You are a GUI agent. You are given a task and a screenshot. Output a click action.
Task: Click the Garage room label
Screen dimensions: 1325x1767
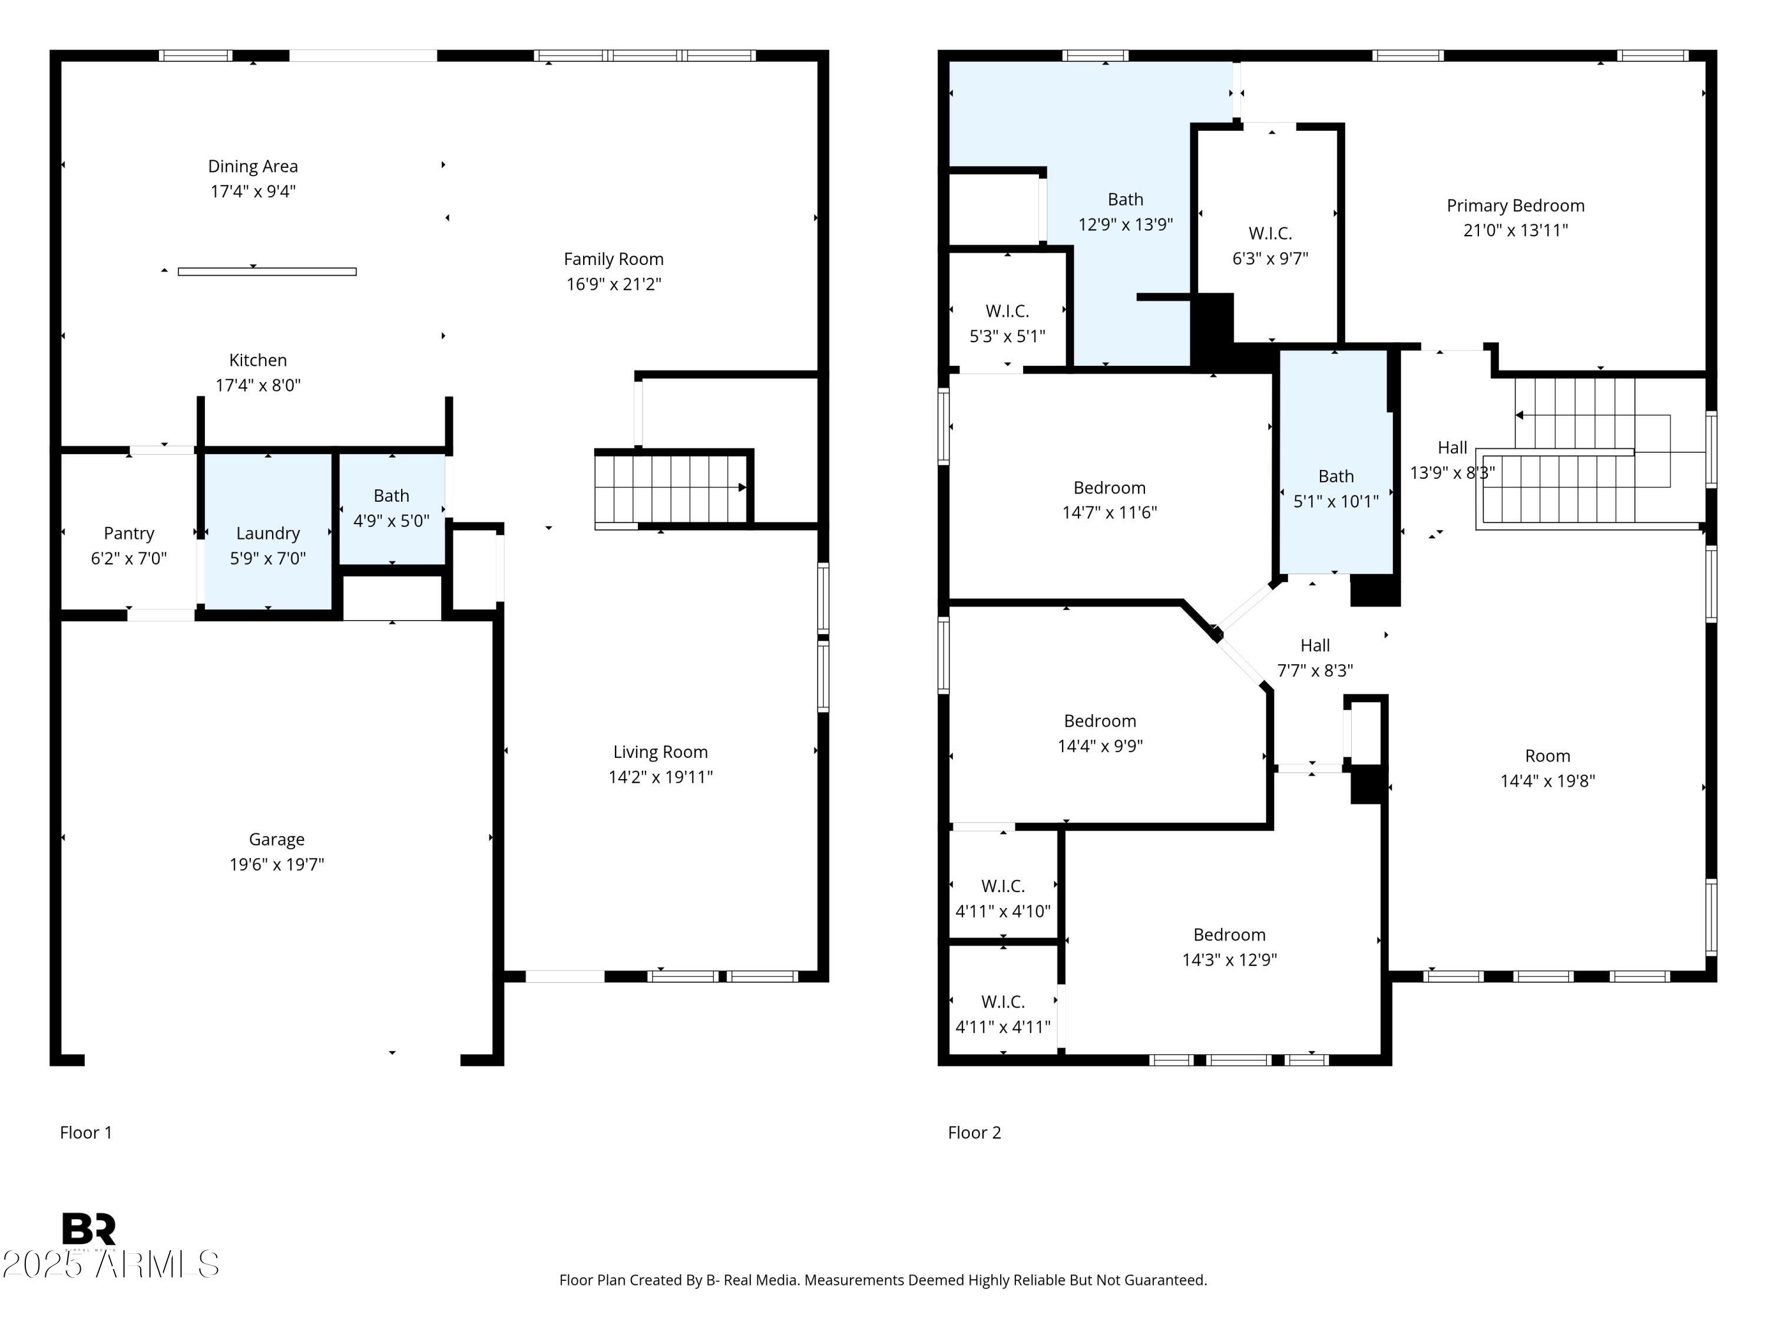pos(276,839)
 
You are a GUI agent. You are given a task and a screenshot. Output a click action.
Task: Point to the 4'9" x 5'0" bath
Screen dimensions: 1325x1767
pos(392,508)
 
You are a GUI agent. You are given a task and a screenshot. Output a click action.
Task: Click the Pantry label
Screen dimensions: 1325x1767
pos(128,534)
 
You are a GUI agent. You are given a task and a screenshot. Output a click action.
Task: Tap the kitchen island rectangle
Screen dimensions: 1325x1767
pos(267,272)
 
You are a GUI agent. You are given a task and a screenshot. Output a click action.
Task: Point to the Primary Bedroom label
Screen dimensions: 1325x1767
pos(1514,206)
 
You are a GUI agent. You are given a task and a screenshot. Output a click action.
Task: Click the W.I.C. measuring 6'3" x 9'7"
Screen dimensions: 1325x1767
pos(1269,245)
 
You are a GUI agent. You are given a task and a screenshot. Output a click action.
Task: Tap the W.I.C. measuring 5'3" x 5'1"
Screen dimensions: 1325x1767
pos(1007,323)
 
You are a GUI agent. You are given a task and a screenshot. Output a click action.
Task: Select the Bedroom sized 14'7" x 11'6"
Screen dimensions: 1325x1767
pos(1108,499)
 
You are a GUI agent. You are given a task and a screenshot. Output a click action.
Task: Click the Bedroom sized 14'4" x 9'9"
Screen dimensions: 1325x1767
pos(1099,733)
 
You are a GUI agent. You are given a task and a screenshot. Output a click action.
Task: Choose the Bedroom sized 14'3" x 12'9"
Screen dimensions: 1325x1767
pos(1229,946)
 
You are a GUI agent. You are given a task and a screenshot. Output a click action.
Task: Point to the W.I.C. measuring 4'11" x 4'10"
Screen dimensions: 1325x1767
pos(1002,897)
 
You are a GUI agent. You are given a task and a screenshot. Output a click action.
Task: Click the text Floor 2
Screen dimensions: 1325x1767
pos(974,1132)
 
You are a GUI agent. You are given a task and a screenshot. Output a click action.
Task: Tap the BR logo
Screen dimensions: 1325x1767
pos(89,1228)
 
